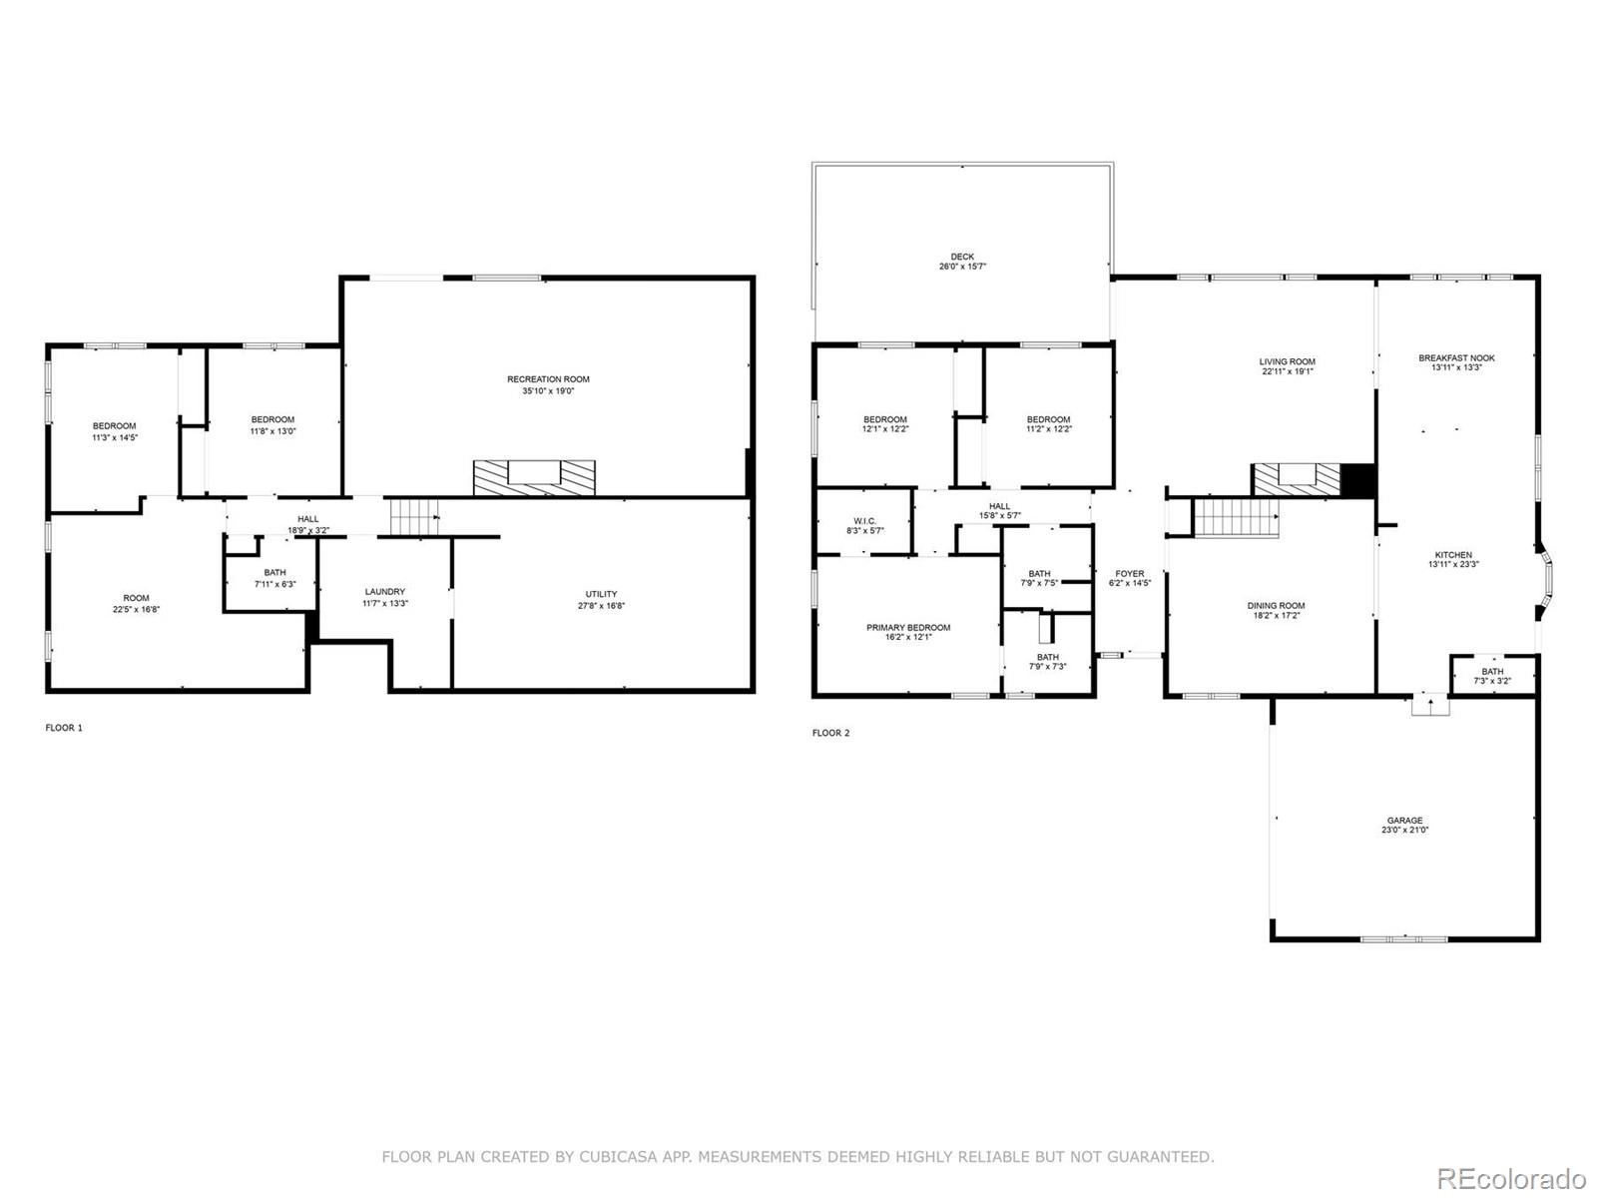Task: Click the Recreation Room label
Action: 548,379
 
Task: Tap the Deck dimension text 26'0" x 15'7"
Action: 962,268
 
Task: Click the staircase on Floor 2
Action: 1237,518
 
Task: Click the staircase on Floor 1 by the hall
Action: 413,517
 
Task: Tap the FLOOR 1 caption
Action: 64,728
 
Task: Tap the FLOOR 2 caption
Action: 830,733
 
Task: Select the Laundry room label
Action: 384,592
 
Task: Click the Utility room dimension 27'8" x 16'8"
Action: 601,606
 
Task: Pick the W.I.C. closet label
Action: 864,521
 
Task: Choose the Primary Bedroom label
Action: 907,628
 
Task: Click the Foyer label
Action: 1129,574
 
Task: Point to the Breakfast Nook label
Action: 1456,357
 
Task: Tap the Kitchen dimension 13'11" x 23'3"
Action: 1453,564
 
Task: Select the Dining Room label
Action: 1275,606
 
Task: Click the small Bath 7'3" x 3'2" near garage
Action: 1492,676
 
